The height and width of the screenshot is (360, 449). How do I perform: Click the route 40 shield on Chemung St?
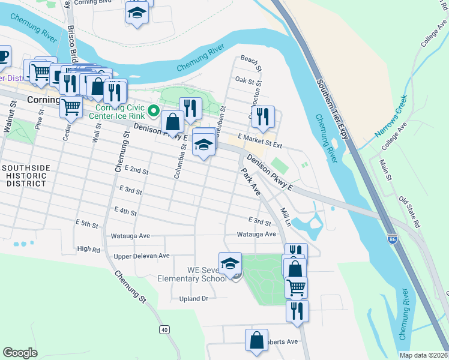[164, 329]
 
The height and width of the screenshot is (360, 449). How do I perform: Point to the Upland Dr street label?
[193, 298]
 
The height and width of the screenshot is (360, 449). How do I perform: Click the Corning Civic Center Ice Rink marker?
[154, 110]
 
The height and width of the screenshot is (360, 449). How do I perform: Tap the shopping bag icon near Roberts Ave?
[256, 340]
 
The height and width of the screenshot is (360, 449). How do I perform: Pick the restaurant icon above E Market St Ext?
[263, 117]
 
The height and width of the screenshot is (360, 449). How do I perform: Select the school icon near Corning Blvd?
[137, 12]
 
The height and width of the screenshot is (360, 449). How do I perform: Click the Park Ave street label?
[250, 182]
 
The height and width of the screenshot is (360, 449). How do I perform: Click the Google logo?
[20, 353]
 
